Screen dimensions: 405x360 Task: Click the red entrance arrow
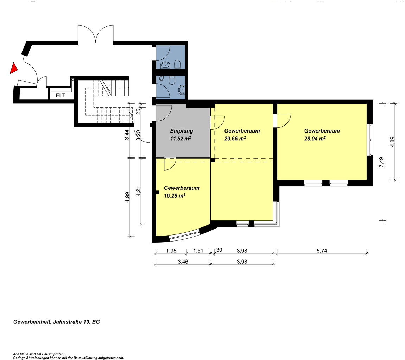click(x=13, y=69)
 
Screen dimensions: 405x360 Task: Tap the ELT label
click(x=61, y=96)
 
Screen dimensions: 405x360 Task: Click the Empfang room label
click(x=182, y=131)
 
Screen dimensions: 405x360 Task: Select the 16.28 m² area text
click(x=175, y=195)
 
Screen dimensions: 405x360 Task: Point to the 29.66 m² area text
click(x=235, y=138)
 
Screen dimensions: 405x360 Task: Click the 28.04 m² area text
click(x=315, y=138)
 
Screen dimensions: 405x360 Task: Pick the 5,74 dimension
click(x=322, y=251)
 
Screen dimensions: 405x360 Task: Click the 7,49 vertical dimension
click(x=381, y=162)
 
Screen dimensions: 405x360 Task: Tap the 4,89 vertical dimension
click(x=392, y=142)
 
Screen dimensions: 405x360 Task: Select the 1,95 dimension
click(x=171, y=251)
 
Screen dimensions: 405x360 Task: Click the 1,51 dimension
click(x=198, y=251)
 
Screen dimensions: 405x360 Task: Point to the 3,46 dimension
click(x=183, y=262)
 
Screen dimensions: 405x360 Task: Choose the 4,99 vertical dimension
click(x=127, y=197)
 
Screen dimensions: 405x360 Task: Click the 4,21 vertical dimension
click(x=138, y=191)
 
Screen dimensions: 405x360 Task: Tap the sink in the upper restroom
click(x=165, y=65)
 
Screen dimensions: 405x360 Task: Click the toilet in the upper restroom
click(x=177, y=65)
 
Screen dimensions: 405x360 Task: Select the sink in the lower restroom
click(x=182, y=90)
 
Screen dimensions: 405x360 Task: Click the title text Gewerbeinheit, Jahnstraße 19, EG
click(x=57, y=322)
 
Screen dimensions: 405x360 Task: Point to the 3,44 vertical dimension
click(x=127, y=135)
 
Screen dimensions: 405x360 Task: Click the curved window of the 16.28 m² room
click(x=185, y=235)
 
